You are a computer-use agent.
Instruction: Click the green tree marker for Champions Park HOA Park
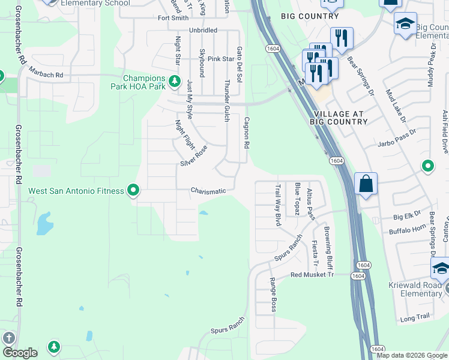click(175, 80)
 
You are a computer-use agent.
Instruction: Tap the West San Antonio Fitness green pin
click(133, 191)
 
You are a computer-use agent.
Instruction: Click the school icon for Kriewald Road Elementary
click(441, 269)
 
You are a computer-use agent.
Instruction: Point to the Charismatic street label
click(208, 191)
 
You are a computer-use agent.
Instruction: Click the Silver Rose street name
click(193, 156)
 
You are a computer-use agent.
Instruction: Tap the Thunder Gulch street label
click(227, 100)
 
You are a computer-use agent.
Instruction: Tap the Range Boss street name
click(273, 294)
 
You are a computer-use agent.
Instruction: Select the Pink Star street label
click(220, 59)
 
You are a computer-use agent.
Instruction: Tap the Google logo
click(20, 352)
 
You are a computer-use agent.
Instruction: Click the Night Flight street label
click(184, 135)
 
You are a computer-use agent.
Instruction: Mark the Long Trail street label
click(415, 319)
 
